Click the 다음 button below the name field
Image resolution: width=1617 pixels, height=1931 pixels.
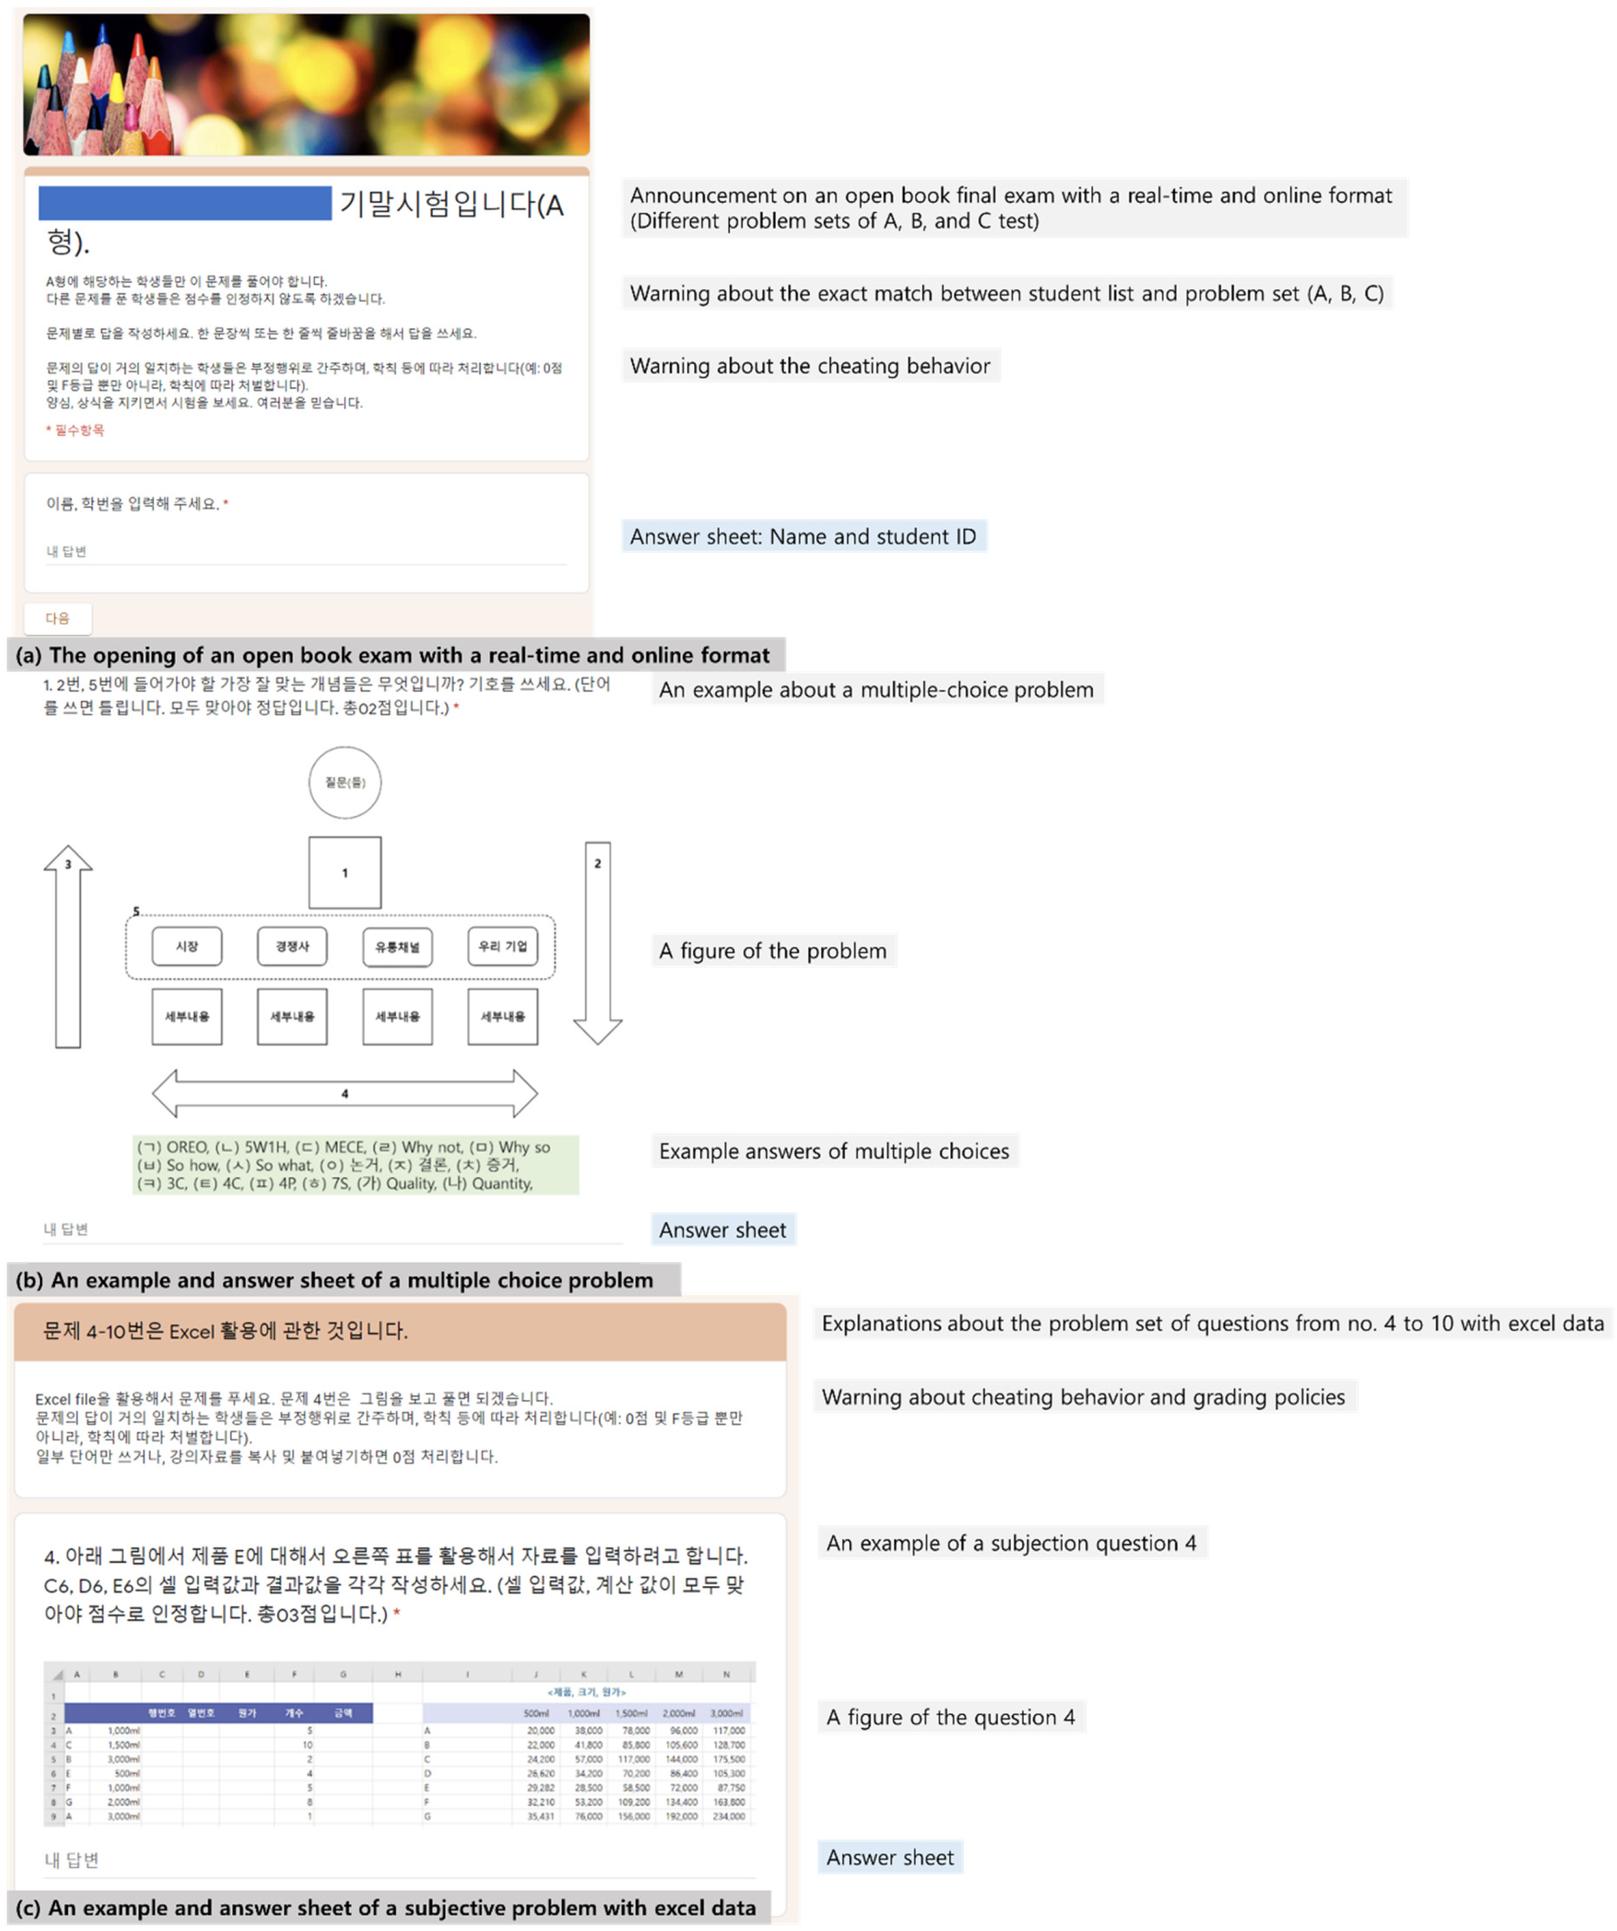pos(57,619)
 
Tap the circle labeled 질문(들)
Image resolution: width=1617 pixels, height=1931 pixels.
pos(345,783)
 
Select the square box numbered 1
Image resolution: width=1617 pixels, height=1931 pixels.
pos(345,873)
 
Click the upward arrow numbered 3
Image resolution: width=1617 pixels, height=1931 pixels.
pos(68,947)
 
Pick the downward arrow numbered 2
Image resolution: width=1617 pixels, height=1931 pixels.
pos(598,942)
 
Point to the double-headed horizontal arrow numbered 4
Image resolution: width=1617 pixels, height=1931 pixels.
pos(345,1093)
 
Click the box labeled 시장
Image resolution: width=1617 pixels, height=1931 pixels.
pos(187,946)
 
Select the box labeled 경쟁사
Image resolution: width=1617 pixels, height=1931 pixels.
pos(292,946)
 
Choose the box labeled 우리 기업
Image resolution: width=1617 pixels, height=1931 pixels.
pos(503,946)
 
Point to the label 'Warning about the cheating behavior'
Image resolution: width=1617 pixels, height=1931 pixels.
pos(810,366)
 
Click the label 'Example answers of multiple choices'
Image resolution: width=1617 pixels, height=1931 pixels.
pos(834,1151)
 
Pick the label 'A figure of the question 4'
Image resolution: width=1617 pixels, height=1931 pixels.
pos(950,1717)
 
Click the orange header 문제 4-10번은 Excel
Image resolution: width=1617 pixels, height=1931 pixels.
pos(400,1330)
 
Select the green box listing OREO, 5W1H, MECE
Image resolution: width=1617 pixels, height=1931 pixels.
pos(356,1165)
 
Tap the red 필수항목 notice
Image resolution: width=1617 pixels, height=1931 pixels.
pos(76,430)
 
